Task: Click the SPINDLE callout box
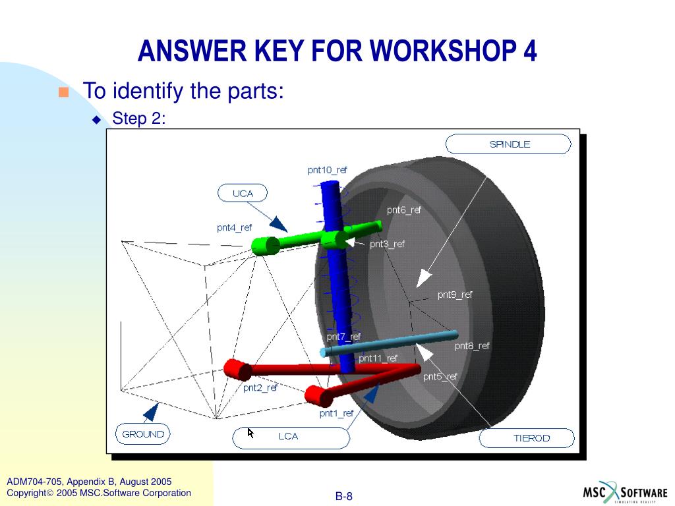[x=508, y=144]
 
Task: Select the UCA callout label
[x=243, y=193]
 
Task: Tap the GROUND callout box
[x=142, y=434]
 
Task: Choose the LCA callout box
[x=290, y=437]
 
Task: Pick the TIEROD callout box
[x=527, y=438]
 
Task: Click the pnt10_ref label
[x=327, y=170]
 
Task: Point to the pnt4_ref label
[x=234, y=228]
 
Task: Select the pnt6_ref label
[x=403, y=210]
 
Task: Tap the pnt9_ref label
[x=455, y=295]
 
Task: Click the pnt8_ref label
[x=472, y=345]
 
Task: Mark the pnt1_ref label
[x=336, y=413]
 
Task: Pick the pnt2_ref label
[x=260, y=387]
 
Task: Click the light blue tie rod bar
[x=389, y=343]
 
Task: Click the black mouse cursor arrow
[x=250, y=433]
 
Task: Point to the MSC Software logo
[x=625, y=493]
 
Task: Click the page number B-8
[x=344, y=496]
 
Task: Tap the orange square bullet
[x=63, y=92]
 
